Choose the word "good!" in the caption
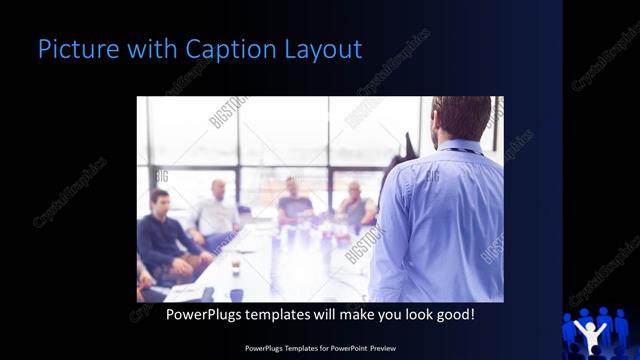(x=453, y=314)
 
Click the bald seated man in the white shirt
(x=217, y=213)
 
